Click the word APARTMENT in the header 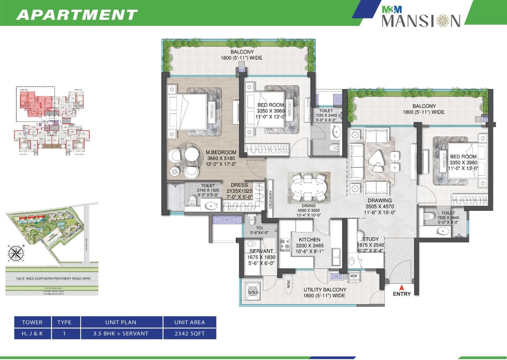pos(77,15)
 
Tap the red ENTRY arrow pos(402,287)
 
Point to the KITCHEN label pos(309,240)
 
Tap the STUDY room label pos(370,239)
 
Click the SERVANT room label pos(261,251)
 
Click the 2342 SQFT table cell pos(189,333)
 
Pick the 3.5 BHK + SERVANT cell pos(122,333)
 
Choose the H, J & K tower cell pos(32,333)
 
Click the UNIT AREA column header pos(189,322)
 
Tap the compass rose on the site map pos(15,253)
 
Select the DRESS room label pos(239,185)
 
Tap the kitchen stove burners pos(285,245)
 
